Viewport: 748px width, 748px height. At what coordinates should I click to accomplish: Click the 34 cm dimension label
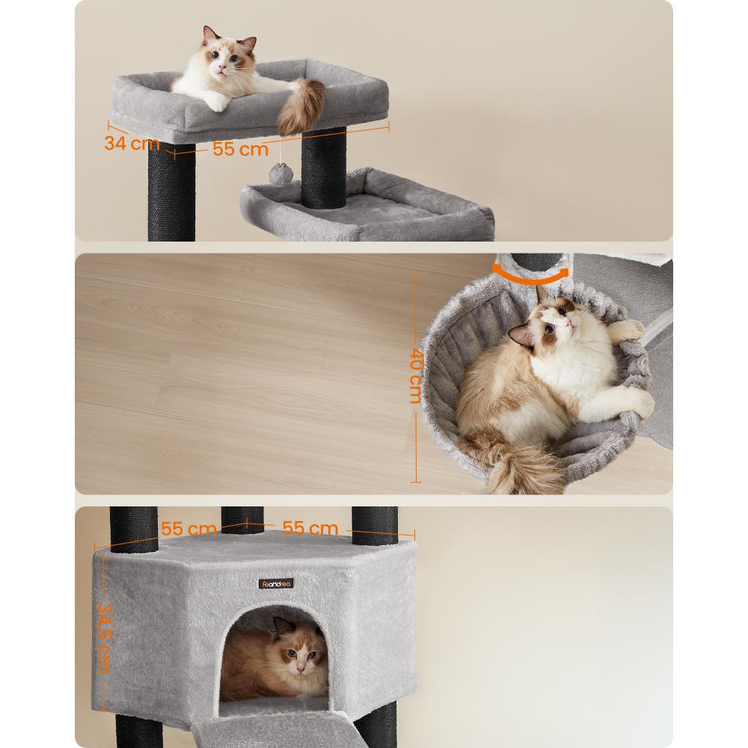pos(132,143)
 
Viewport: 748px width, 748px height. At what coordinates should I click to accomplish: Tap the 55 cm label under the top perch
pos(240,149)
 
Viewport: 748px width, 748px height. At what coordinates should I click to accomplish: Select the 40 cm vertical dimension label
pos(415,376)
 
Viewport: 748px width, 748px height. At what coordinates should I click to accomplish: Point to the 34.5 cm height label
pos(104,638)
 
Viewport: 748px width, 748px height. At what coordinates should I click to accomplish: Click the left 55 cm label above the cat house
pos(189,529)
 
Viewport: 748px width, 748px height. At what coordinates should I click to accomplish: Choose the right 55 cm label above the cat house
pos(310,528)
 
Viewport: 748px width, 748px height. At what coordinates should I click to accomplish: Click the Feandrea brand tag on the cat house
pos(276,583)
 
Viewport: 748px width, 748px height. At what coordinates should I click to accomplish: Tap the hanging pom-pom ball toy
pos(278,174)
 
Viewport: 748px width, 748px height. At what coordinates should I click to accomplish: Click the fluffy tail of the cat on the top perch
pos(301,107)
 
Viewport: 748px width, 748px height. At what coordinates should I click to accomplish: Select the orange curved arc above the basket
pos(530,278)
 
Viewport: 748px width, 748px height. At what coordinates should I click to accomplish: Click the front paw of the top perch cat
pos(216,102)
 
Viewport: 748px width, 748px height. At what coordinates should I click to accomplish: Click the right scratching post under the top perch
pos(323,168)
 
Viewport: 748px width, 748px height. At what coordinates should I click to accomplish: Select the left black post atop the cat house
pos(134,530)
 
